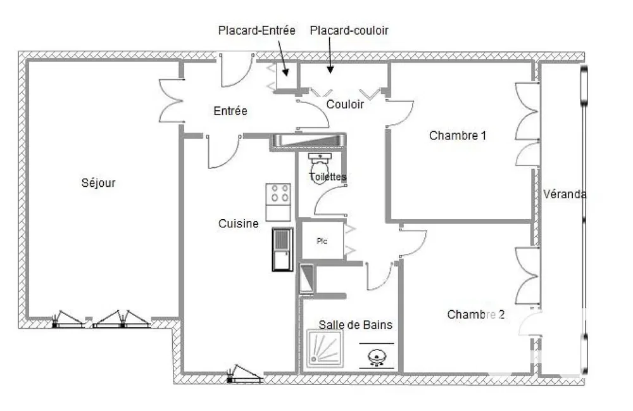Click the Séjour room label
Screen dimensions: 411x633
point(99,183)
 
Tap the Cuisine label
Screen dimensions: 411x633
point(238,224)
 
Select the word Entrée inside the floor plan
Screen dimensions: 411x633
point(230,111)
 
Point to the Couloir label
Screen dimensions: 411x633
point(345,104)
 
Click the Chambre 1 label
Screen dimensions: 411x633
point(458,135)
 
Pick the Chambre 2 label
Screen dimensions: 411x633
point(476,315)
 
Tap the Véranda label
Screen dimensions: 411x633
point(565,194)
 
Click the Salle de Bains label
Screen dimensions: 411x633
point(355,325)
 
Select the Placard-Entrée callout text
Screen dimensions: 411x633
point(256,30)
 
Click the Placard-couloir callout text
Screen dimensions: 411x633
point(349,30)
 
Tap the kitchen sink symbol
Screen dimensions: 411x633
point(283,250)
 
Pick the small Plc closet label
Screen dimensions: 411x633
point(322,241)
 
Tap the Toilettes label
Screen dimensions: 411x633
point(328,177)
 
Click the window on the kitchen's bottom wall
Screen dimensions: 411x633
point(244,375)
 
